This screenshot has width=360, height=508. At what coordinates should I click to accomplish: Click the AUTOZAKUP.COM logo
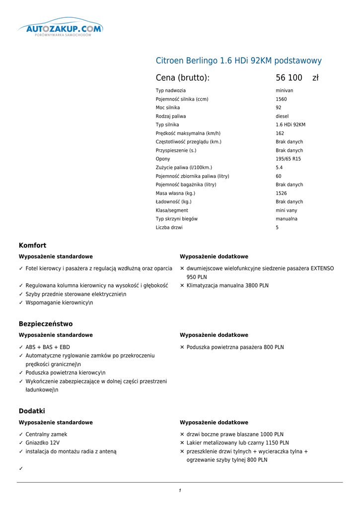[61, 30]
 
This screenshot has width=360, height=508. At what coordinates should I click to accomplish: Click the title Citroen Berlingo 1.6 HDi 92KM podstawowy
[238, 61]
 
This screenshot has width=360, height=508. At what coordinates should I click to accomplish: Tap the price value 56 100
[289, 78]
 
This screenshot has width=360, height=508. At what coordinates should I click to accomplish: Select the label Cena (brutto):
[182, 78]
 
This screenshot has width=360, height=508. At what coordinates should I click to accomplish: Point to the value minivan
[285, 91]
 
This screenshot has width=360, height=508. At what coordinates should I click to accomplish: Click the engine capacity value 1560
[281, 99]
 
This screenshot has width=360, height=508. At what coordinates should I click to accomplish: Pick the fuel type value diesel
[282, 117]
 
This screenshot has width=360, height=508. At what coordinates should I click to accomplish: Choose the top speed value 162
[280, 133]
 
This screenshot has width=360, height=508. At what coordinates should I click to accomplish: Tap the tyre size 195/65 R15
[288, 159]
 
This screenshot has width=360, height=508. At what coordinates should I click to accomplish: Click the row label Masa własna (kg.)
[175, 193]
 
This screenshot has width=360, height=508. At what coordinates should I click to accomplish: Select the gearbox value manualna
[287, 219]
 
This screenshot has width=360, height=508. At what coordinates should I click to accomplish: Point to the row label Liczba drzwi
[169, 228]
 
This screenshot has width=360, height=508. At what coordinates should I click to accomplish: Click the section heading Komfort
[32, 246]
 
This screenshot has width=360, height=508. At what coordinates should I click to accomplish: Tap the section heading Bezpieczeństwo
[46, 324]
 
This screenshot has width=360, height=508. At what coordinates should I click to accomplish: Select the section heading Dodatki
[32, 411]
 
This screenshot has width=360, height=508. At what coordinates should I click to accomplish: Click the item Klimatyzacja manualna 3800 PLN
[227, 286]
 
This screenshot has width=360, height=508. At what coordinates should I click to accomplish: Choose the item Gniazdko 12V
[43, 443]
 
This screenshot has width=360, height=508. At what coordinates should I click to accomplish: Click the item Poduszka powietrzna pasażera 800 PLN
[235, 347]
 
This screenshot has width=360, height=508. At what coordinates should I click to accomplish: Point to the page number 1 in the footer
[180, 491]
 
